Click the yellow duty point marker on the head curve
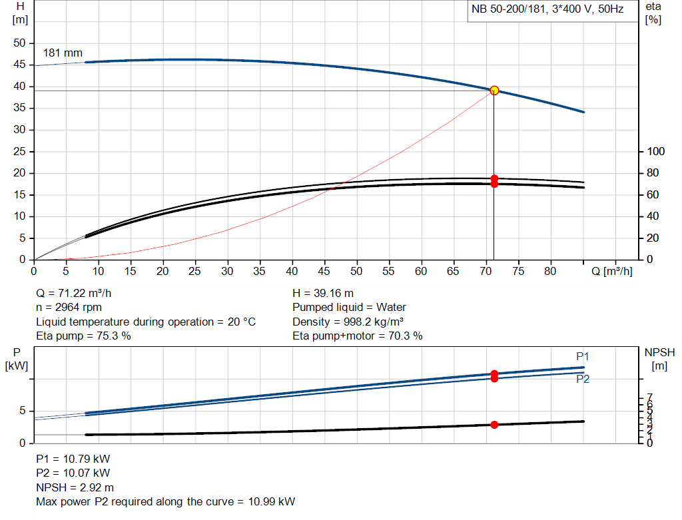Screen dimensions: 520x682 (494, 91)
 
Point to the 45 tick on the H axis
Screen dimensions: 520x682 (20, 65)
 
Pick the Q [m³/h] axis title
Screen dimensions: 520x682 (612, 271)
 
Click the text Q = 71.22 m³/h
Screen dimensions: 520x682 (79, 293)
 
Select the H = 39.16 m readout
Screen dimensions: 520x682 (323, 293)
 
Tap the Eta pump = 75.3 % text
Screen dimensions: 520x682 (83, 336)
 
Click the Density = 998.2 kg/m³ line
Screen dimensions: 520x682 (348, 322)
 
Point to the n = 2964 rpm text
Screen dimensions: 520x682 (69, 307)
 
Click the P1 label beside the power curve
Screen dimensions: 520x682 (583, 357)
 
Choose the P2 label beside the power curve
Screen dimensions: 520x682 (583, 379)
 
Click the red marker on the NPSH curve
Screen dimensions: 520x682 (494, 425)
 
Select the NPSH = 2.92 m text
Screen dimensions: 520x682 (75, 487)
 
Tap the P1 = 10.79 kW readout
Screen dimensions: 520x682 (73, 459)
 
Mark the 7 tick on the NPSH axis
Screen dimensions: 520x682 (649, 397)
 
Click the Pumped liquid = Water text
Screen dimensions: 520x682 (349, 307)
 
